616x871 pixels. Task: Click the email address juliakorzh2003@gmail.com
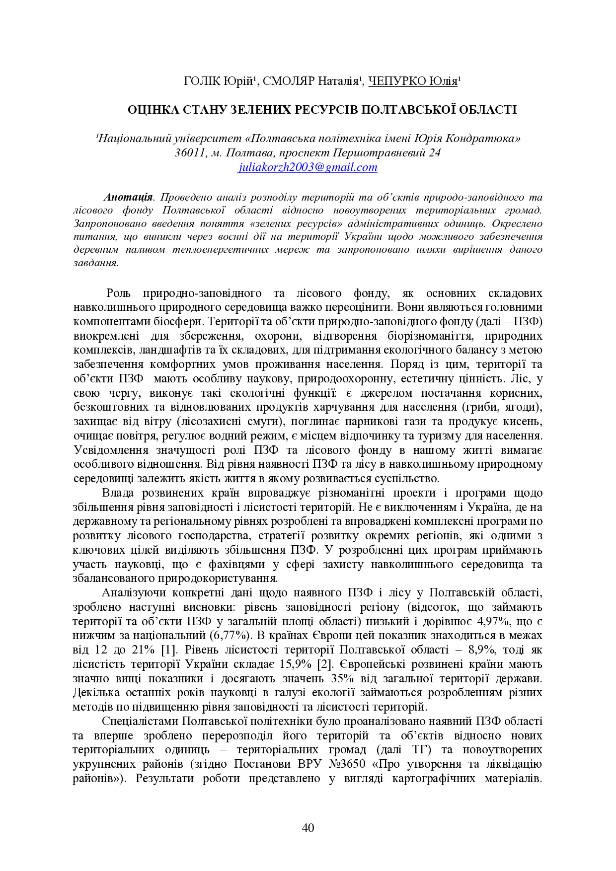pos(308,167)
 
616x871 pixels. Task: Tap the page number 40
pos(308,827)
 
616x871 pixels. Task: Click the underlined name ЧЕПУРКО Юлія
pos(413,81)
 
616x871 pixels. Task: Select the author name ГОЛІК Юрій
pos(219,81)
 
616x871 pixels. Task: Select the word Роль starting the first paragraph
pos(118,293)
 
